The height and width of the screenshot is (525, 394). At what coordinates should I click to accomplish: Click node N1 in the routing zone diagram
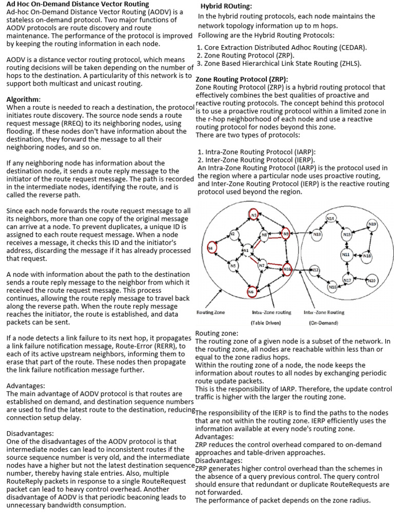point(246,251)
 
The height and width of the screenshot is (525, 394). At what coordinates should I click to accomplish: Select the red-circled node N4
point(210,248)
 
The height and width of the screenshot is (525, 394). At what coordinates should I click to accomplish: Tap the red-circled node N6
point(251,292)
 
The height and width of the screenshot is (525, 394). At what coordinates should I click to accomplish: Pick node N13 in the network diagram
point(317,234)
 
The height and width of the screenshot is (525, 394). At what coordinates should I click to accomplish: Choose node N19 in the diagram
point(372,224)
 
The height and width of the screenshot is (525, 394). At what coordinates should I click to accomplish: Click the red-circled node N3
point(253,214)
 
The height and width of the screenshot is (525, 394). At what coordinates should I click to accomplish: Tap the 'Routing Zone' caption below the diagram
point(210,312)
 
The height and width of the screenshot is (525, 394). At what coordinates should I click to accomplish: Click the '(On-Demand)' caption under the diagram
point(323,323)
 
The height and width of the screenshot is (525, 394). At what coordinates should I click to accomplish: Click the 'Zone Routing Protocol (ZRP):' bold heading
point(242,79)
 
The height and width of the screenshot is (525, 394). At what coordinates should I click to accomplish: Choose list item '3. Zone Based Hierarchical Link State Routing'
point(279,64)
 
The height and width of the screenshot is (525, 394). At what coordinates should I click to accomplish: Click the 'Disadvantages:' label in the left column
point(30,433)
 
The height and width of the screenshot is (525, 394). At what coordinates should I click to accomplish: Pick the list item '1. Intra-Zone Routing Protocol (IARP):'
point(257,152)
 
